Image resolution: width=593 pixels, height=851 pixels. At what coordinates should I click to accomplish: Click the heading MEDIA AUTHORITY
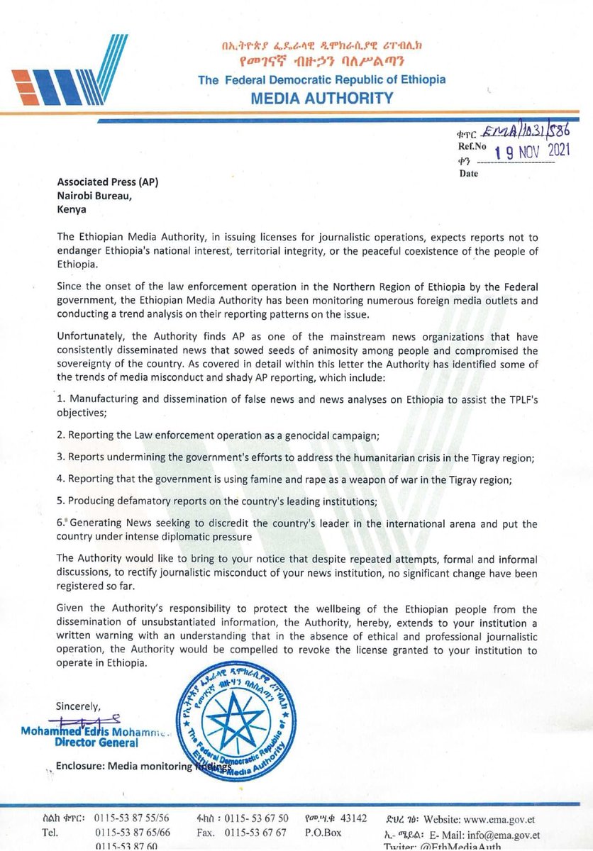point(322,97)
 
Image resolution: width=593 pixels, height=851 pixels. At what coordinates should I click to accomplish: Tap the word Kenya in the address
point(71,209)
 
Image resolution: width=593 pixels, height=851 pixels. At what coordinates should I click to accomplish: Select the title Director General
point(99,742)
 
